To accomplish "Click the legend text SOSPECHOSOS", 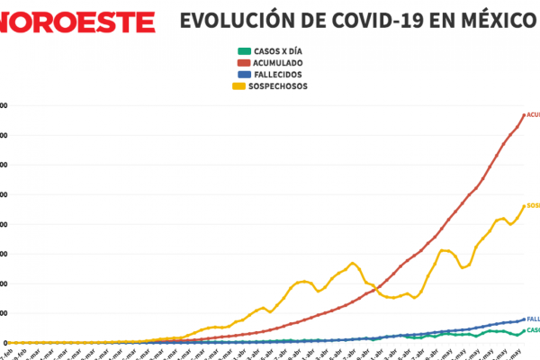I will [x=283, y=86].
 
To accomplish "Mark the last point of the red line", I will [x=525, y=114].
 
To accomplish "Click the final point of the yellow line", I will [x=525, y=205].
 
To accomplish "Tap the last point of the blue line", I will [x=525, y=319].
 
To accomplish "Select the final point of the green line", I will [x=525, y=330].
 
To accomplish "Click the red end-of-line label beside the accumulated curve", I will [x=534, y=114].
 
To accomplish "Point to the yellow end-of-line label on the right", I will [x=534, y=205].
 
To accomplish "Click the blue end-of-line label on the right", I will [x=534, y=319].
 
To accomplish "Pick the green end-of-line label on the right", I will [x=534, y=330].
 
